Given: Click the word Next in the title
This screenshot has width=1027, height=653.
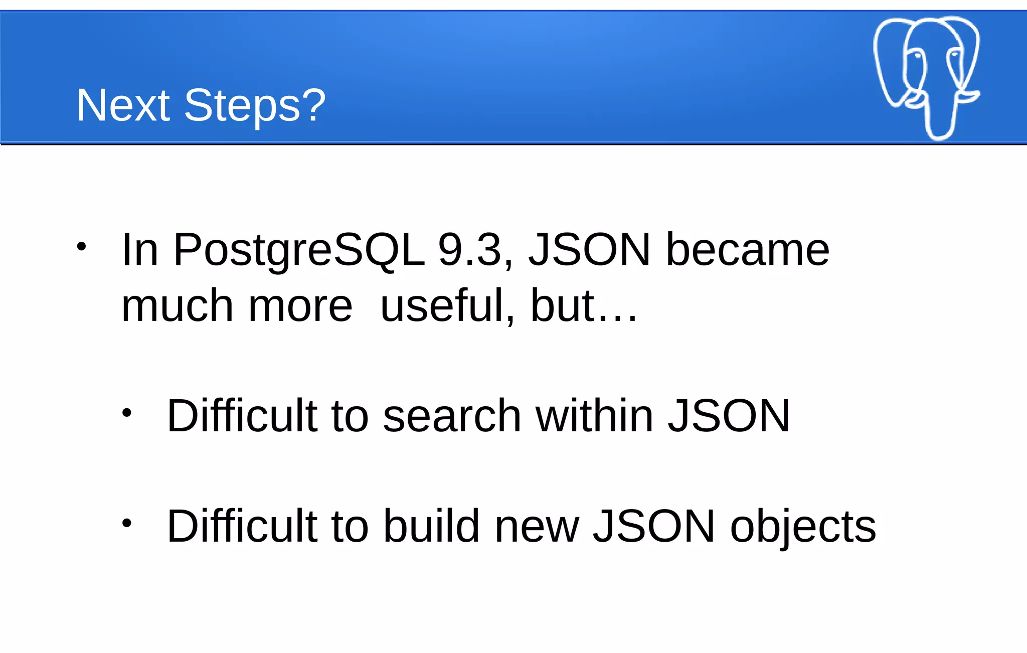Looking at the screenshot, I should (123, 105).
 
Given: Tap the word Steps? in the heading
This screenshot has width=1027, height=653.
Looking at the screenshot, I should (255, 105).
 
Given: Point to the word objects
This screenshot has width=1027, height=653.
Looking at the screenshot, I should (803, 527).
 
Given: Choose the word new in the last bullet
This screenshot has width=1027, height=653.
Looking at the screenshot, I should (537, 527).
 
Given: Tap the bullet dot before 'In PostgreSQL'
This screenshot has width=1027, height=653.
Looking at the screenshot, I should (81, 247).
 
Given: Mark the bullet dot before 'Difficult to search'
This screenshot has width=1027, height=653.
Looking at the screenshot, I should (126, 413).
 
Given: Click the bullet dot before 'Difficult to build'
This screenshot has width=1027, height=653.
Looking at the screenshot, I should (126, 523).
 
